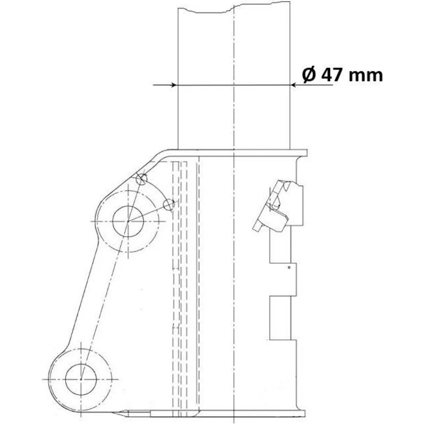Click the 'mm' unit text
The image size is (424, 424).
(x=365, y=76)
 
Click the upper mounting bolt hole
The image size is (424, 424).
(x=128, y=221)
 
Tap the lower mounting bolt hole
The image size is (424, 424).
(x=81, y=379)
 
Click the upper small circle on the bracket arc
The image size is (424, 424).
(x=142, y=179)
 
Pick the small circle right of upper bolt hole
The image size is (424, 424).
(x=169, y=205)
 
